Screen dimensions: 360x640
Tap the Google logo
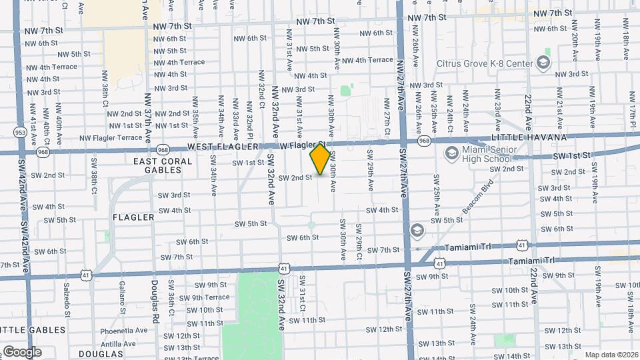(22, 351)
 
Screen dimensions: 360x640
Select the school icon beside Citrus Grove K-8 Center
(543, 63)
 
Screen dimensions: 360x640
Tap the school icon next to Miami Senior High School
(451, 154)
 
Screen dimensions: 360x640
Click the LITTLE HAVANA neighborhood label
(528, 137)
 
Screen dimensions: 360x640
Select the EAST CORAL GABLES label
(157, 165)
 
